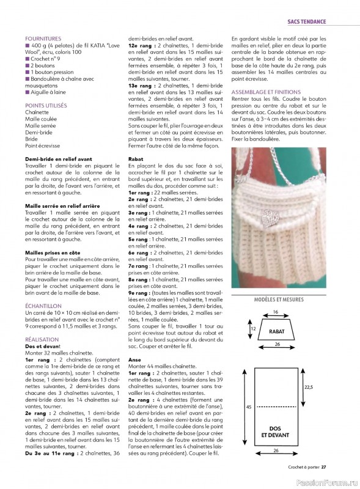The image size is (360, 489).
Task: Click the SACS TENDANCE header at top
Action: click(307, 22)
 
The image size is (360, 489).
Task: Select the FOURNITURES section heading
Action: click(43, 38)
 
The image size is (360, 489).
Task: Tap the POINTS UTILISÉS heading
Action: click(46, 106)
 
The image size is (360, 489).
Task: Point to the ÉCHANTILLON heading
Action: click(43, 305)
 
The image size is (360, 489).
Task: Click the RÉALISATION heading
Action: click(42, 339)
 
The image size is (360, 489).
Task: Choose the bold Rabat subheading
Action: click(136, 158)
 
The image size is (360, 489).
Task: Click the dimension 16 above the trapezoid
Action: click(276, 312)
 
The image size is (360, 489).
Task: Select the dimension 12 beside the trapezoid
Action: click(252, 329)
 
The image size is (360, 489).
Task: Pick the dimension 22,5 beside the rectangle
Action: click(308, 386)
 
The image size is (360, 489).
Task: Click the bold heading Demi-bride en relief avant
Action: click(58, 159)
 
